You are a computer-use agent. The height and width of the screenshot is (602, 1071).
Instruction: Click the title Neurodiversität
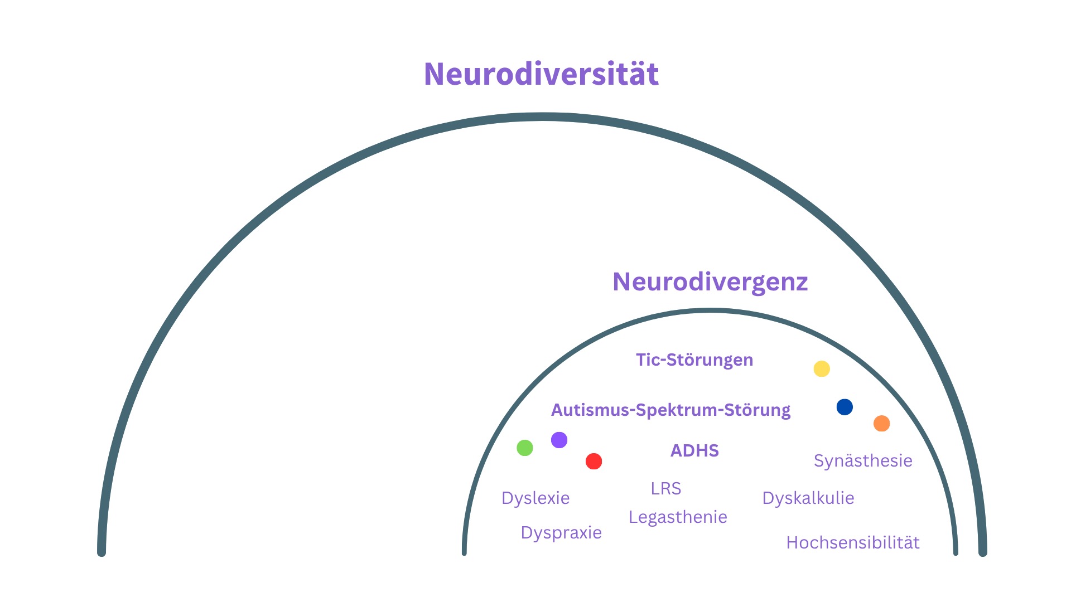click(541, 74)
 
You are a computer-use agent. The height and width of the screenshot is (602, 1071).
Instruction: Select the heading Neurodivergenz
click(710, 282)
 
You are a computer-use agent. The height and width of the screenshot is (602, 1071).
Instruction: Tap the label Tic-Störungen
click(694, 360)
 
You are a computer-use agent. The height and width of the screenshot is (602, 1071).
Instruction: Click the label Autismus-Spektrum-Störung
click(670, 410)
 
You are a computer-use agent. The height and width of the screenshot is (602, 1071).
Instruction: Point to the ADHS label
click(694, 450)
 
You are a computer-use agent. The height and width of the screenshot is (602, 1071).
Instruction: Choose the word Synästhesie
click(863, 460)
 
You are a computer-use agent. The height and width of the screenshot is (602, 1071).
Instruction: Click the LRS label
click(666, 489)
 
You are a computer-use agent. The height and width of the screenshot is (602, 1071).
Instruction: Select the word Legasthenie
click(678, 517)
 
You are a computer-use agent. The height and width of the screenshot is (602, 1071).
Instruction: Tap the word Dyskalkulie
click(808, 498)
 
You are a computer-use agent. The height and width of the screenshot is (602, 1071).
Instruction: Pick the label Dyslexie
click(535, 498)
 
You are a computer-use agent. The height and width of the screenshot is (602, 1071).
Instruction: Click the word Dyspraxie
click(561, 533)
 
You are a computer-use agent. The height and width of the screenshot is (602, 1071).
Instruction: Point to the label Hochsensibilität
click(853, 542)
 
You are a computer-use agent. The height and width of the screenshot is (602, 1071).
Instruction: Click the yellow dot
click(822, 369)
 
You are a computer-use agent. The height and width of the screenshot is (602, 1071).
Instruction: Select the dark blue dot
click(845, 407)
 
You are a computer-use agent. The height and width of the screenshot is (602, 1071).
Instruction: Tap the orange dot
click(881, 424)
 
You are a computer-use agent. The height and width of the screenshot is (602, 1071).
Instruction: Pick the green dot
click(525, 448)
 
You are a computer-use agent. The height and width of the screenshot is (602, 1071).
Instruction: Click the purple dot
click(559, 440)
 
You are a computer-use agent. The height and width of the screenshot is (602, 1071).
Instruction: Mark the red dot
click(594, 461)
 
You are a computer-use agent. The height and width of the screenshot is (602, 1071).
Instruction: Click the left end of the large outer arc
click(102, 552)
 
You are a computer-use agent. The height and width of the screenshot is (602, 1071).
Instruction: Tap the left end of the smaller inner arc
click(464, 553)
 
